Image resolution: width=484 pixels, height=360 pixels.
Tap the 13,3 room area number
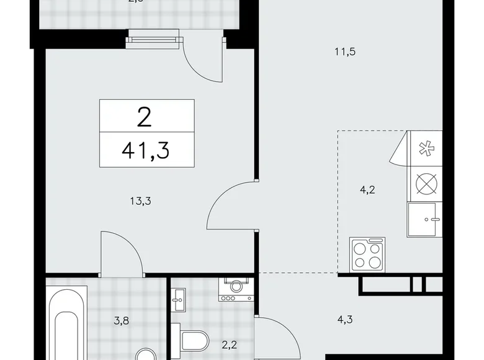coord(141,200)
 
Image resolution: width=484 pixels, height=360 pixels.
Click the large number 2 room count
coord(146,115)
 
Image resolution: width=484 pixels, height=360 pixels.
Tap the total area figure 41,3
coord(146,149)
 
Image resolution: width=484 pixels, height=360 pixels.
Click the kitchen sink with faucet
coord(424,220)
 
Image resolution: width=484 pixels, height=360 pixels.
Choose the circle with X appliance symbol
coord(425,184)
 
